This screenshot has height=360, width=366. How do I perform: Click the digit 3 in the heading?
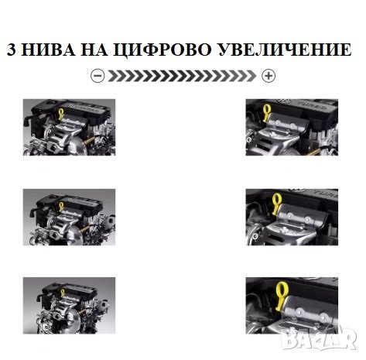coord(12,50)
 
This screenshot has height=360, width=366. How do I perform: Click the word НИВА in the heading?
coord(48,50)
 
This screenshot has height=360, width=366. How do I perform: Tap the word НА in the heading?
coord(94,50)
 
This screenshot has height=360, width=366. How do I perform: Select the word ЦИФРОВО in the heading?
coord(162,50)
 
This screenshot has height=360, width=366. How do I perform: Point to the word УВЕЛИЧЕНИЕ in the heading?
coord(285,50)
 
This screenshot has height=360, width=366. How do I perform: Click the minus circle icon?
coord(97,76)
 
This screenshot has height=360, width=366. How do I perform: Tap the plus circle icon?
coord(269,76)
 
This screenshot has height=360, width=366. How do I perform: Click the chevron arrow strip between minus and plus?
coord(182,76)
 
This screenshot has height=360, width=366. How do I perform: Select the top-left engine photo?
coord(69,127)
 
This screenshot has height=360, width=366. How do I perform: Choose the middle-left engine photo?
coord(69,217)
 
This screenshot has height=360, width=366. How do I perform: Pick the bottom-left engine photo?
coord(69,306)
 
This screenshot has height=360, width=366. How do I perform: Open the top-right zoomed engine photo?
coord(292,127)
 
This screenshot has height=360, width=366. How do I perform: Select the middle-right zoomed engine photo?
coord(292,217)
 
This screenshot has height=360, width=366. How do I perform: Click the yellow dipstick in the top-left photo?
coord(61,114)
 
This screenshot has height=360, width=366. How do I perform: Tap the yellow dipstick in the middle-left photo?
coord(61,206)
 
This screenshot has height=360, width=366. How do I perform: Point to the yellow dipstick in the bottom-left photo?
coord(63,293)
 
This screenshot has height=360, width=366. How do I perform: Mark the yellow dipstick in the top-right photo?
coord(266,113)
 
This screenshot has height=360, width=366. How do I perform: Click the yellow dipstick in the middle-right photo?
coord(276,204)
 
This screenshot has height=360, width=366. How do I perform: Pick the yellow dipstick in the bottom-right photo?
coord(281,297)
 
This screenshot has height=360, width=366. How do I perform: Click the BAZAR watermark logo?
coord(319,338)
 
